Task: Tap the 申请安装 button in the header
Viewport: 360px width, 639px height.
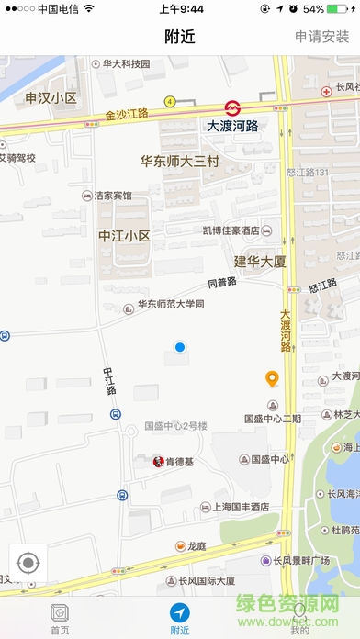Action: coord(322,37)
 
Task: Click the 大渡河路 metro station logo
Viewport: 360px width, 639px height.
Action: coord(234,106)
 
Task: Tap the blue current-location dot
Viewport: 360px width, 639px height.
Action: coord(180,347)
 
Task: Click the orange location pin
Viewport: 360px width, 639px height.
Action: coord(272,378)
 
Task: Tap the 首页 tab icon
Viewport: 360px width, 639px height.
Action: coord(60,612)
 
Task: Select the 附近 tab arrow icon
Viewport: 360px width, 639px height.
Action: coord(179,612)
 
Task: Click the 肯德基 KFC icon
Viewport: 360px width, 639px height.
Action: coord(159,460)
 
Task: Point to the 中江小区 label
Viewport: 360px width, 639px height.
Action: coord(124,236)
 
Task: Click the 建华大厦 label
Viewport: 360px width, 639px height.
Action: coord(260,262)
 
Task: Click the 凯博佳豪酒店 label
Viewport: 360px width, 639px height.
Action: coord(231,230)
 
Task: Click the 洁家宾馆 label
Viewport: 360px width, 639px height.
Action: coord(113,196)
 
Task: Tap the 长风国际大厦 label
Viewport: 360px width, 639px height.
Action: coord(207,580)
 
